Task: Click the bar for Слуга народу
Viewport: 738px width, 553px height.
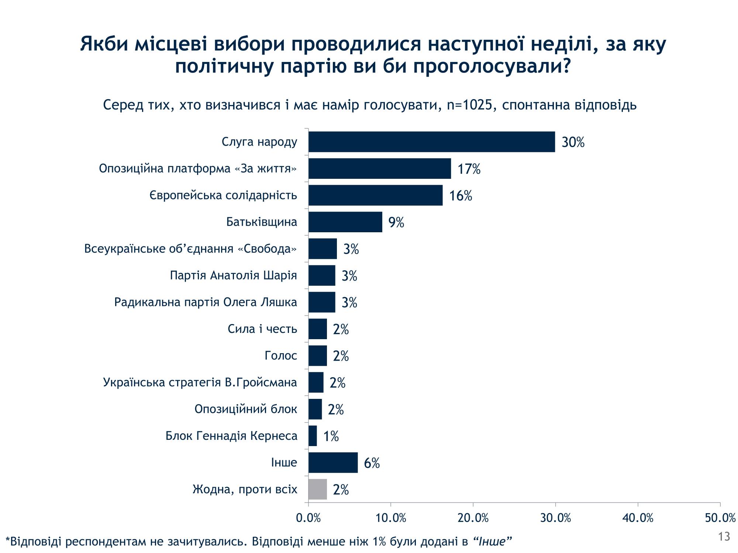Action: tap(432, 142)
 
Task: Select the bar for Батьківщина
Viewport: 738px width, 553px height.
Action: tap(345, 222)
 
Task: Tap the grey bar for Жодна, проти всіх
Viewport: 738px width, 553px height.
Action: tap(318, 489)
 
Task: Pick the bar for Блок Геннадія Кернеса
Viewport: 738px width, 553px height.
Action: tap(313, 436)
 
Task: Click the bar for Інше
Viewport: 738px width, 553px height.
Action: tap(333, 462)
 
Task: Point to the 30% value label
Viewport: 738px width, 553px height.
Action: tap(573, 142)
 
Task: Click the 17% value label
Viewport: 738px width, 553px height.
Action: tap(469, 169)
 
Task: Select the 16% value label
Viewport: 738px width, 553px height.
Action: tap(461, 196)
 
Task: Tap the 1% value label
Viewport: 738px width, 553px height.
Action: tap(331, 437)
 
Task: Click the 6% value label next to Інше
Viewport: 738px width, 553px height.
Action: tap(372, 463)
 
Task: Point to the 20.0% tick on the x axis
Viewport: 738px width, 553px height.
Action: tap(473, 518)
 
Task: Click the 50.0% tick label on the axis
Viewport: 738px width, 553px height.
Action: tap(720, 518)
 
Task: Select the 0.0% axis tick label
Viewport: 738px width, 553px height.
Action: tap(308, 518)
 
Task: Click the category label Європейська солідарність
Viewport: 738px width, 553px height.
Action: tap(223, 195)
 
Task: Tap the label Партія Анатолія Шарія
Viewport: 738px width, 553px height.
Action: tap(233, 275)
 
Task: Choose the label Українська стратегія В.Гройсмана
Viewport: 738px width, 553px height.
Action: tap(200, 382)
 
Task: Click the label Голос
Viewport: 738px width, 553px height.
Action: tap(281, 356)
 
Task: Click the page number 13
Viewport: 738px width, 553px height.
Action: tap(724, 537)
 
